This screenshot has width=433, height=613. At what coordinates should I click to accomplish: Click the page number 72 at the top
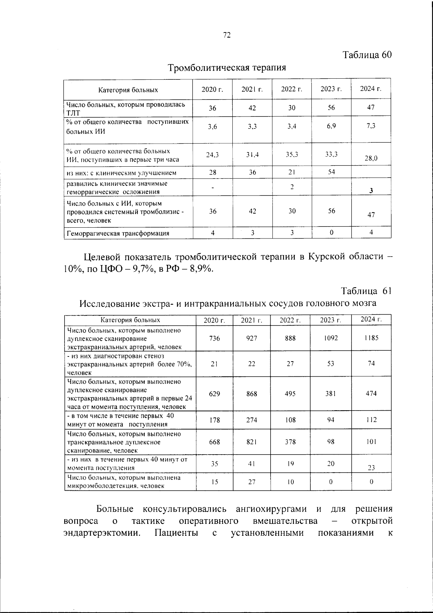pyautogui.click(x=227, y=35)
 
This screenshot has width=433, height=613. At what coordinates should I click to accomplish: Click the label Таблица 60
pyautogui.click(x=367, y=55)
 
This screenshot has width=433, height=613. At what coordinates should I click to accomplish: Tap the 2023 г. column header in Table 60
pyautogui.click(x=331, y=89)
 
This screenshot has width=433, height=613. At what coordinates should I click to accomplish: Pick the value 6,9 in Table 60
pyautogui.click(x=331, y=127)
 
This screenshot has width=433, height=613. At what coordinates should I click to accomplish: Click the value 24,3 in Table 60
pyautogui.click(x=212, y=155)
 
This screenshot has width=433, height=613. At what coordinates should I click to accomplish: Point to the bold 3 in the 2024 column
pyautogui.click(x=371, y=191)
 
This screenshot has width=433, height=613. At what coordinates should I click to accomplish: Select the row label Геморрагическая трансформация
pyautogui.click(x=117, y=233)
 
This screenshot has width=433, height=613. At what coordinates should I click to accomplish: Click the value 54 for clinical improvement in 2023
pyautogui.click(x=331, y=172)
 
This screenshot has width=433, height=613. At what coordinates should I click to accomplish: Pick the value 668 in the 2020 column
pyautogui.click(x=214, y=442)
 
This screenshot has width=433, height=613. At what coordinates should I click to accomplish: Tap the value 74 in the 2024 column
pyautogui.click(x=371, y=364)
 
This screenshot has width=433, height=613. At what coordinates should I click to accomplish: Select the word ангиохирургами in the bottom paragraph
pyautogui.click(x=271, y=509)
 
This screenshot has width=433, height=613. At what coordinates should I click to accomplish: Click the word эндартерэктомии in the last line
pyautogui.click(x=102, y=533)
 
